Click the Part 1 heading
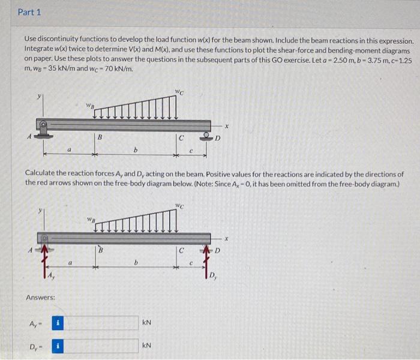[29, 12]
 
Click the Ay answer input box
[105, 323]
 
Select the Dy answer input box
[105, 347]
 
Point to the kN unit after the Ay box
[148, 323]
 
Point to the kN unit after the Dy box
[148, 347]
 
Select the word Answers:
[41, 298]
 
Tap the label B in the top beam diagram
[100, 138]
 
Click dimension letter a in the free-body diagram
[70, 262]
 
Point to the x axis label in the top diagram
[227, 126]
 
